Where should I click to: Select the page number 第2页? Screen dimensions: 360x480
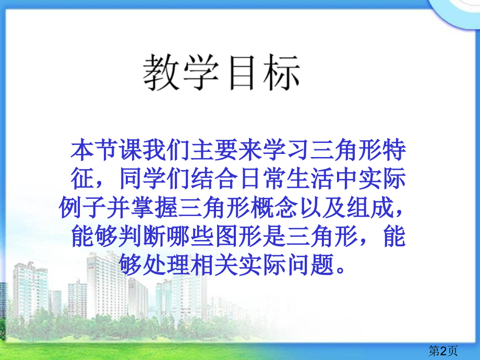pyautogui.click(x=443, y=351)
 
